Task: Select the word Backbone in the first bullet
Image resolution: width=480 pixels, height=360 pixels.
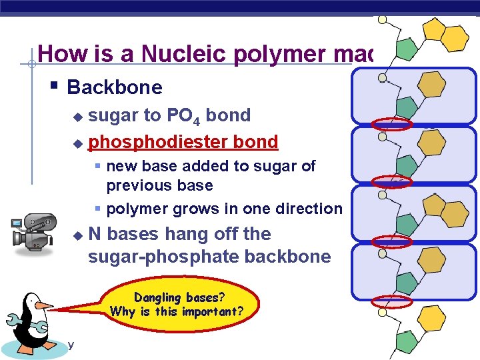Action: [x=115, y=87]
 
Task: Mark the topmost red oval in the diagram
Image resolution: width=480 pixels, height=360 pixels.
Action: [x=391, y=123]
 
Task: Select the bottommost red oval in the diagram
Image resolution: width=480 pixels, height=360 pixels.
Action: [x=391, y=301]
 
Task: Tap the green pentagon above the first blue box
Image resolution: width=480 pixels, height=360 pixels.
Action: [x=406, y=48]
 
